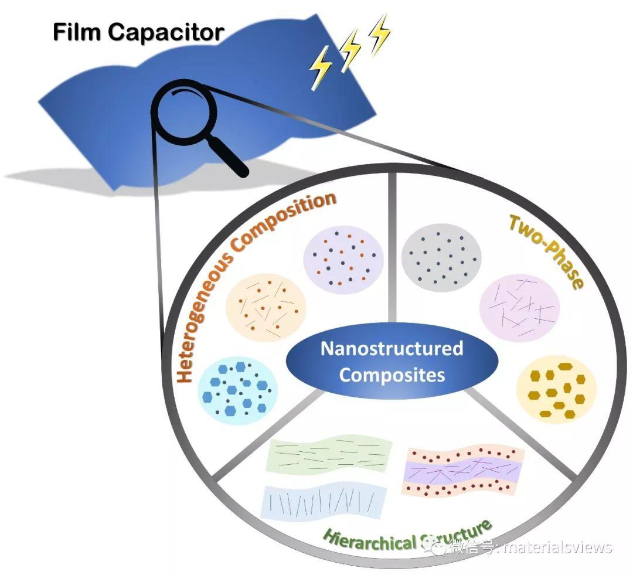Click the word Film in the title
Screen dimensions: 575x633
pyautogui.click(x=75, y=32)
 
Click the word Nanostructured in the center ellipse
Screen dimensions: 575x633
pyautogui.click(x=392, y=349)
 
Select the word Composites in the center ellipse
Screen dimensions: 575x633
pyautogui.click(x=392, y=375)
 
